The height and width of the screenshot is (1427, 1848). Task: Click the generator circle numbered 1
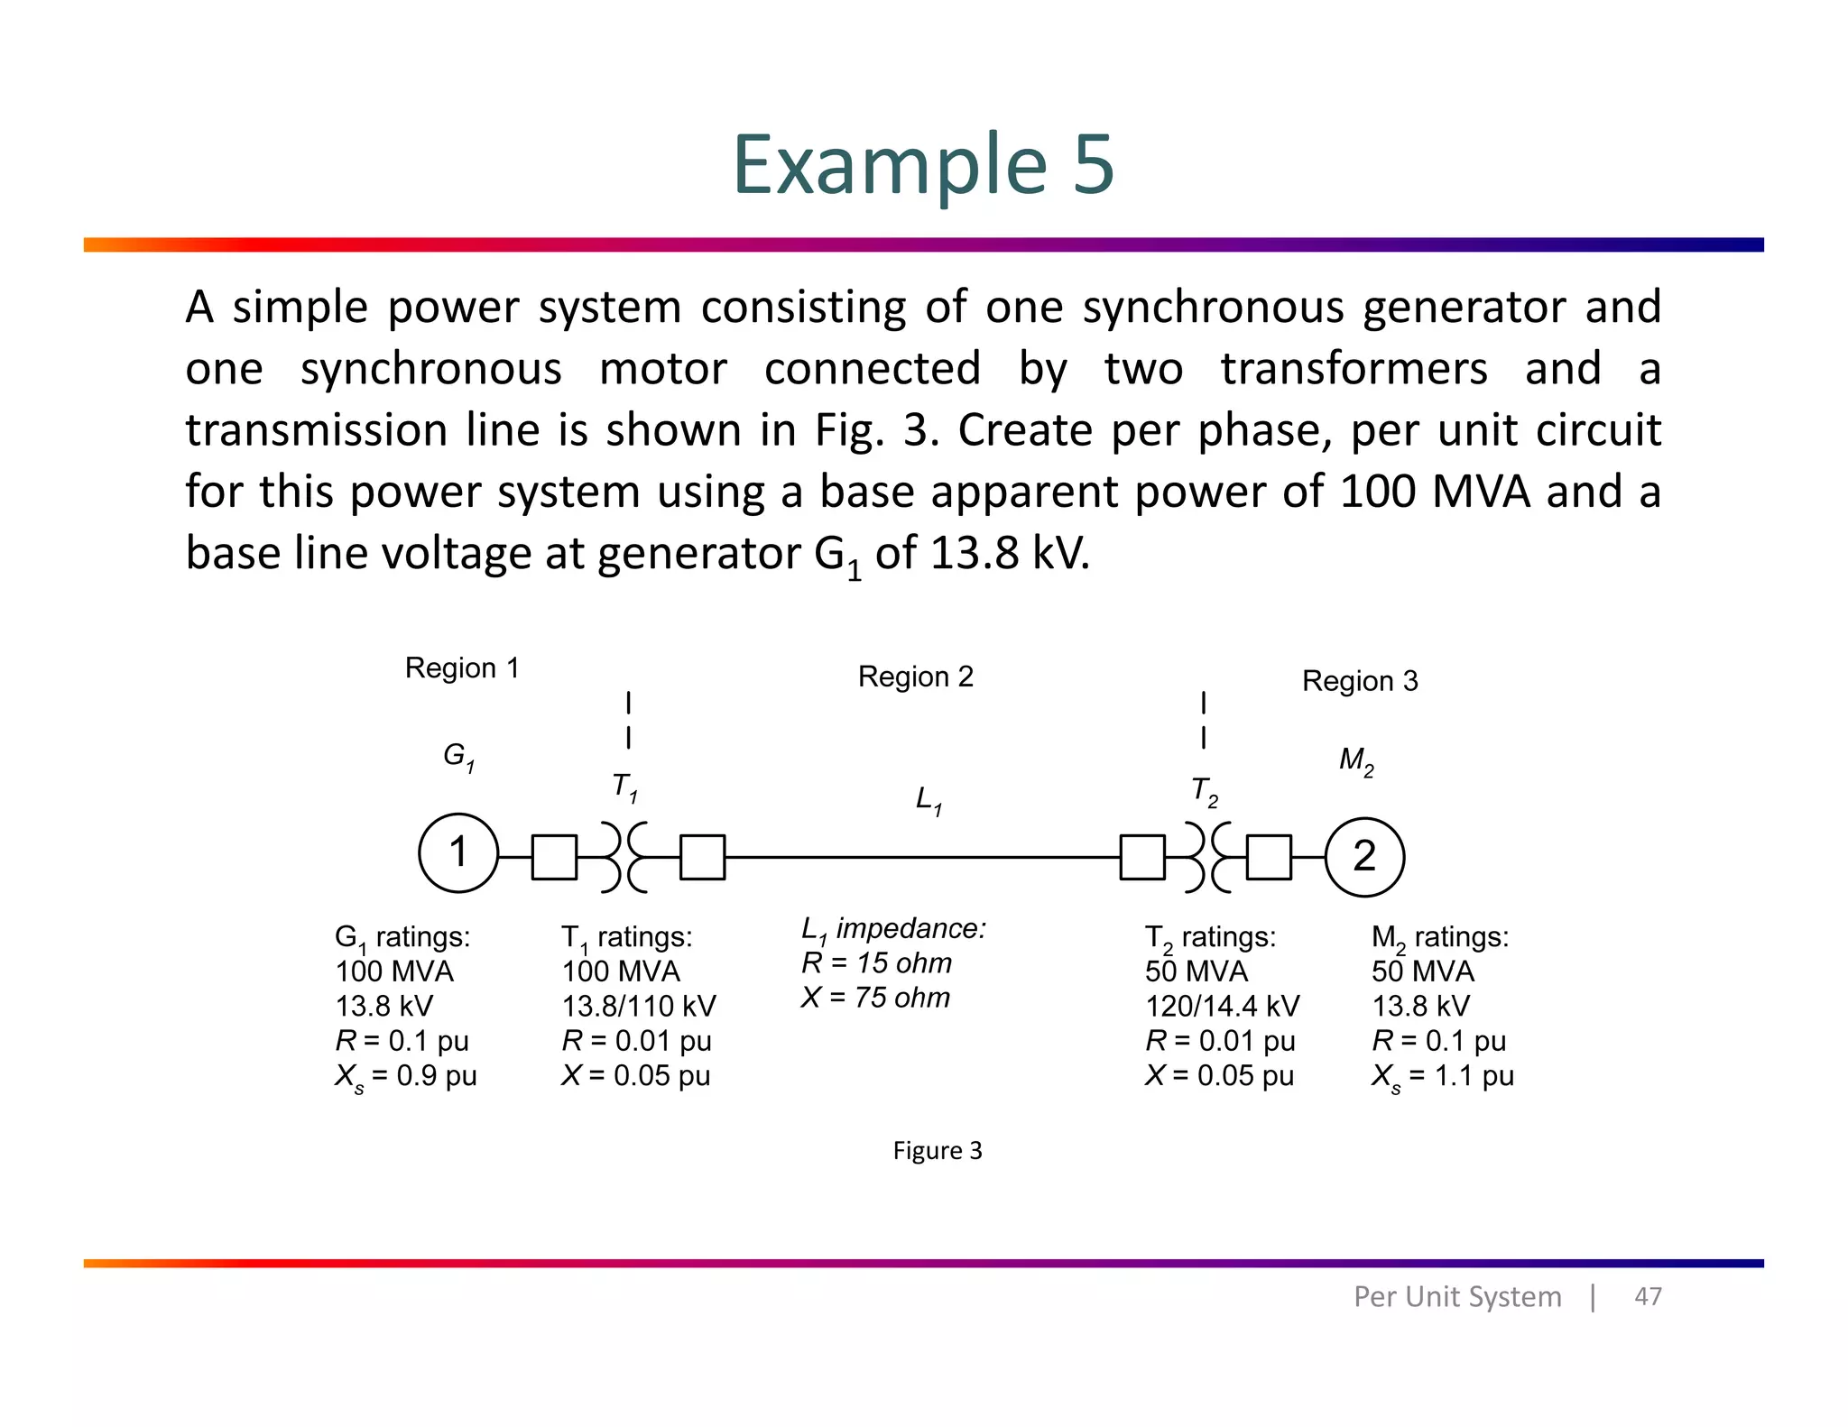point(458,853)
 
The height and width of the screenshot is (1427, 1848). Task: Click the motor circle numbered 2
point(1364,857)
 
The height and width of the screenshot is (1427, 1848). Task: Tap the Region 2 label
point(915,677)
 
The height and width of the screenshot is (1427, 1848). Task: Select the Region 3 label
point(1359,681)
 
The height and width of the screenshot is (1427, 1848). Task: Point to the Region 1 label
point(462,668)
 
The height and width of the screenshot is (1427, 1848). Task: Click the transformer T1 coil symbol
point(624,857)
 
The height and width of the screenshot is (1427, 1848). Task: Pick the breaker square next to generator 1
point(554,857)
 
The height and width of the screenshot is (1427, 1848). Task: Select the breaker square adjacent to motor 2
point(1269,857)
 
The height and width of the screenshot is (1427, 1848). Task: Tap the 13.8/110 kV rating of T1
point(638,1006)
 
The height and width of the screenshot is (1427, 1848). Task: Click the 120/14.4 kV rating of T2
point(1222,1006)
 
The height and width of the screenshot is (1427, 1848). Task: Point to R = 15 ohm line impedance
point(876,963)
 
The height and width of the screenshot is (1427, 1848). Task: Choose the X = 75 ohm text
point(875,998)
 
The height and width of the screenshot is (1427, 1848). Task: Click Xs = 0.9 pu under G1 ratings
point(405,1076)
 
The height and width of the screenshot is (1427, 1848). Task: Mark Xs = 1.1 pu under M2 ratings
point(1442,1076)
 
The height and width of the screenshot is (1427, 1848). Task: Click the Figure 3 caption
point(937,1150)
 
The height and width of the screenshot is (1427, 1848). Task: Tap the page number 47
point(1648,1296)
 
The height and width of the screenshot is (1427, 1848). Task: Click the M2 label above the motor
point(1355,761)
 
